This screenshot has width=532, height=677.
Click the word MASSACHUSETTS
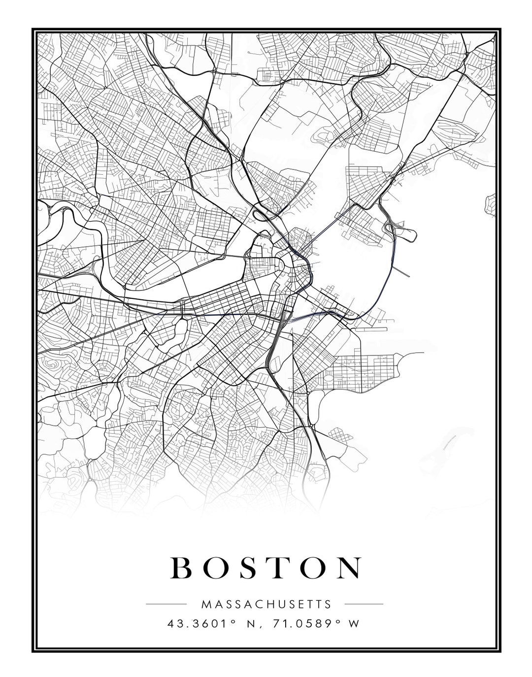[266, 604]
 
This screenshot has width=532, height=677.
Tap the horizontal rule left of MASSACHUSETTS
[166, 604]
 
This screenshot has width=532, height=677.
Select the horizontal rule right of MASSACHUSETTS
[364, 604]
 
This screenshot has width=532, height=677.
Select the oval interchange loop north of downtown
[262, 213]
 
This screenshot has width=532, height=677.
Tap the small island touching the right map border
[491, 203]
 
